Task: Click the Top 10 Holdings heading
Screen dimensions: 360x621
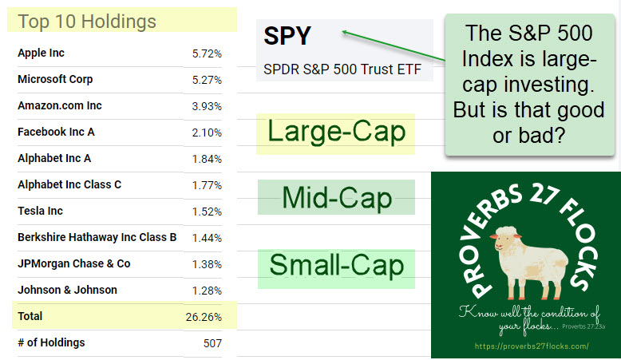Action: pos(87,21)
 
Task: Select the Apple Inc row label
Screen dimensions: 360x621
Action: pos(41,53)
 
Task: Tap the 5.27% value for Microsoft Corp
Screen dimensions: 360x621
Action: pos(207,80)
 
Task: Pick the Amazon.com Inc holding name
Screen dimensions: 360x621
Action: pos(60,106)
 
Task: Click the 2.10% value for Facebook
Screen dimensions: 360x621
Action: pos(207,133)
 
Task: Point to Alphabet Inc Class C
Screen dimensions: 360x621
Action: pos(69,185)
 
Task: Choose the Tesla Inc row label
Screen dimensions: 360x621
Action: pos(40,212)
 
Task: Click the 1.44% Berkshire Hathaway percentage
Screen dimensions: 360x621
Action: pos(207,238)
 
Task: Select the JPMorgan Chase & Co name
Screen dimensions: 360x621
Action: pos(73,264)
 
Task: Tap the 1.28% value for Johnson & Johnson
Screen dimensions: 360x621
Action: pos(207,291)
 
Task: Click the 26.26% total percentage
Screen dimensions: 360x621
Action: pos(204,317)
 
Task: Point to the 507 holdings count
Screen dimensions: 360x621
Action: pos(212,343)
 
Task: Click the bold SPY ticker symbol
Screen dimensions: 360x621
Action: pos(287,37)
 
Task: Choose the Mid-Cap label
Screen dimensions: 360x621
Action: pos(336,197)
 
